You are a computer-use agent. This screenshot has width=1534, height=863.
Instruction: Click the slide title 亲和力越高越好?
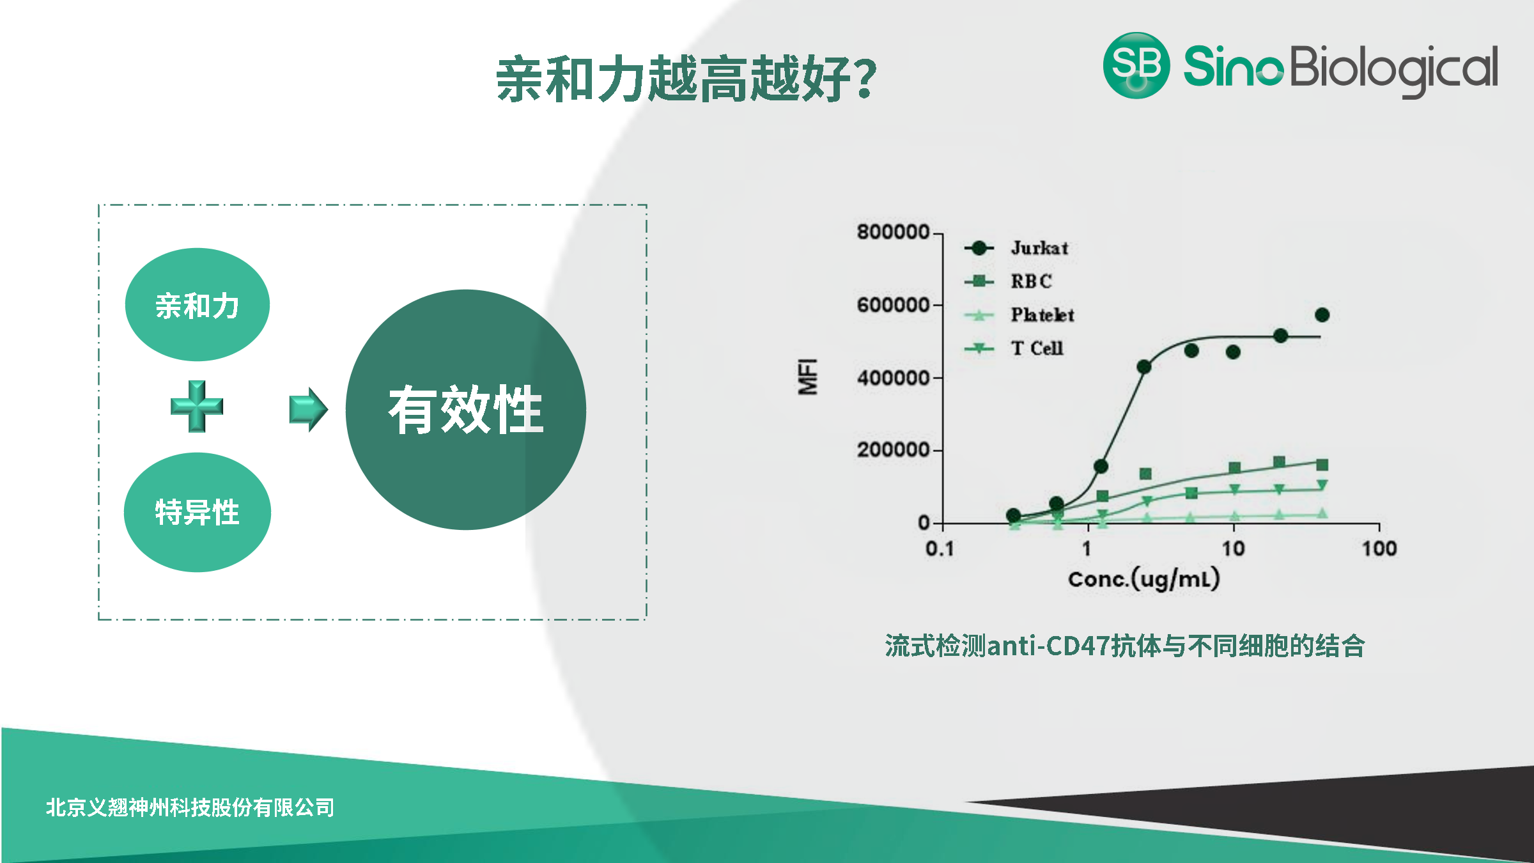pos(686,79)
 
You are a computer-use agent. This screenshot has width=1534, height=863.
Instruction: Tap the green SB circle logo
pos(1136,65)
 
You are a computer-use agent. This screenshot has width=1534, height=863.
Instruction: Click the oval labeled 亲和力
pos(198,304)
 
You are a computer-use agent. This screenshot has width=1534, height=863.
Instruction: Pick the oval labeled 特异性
pos(198,512)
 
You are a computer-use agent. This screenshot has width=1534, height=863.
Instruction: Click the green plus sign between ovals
pos(197,407)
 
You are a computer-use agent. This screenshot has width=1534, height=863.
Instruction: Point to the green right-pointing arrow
pos(309,409)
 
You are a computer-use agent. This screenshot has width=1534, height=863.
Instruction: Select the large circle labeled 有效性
pos(466,410)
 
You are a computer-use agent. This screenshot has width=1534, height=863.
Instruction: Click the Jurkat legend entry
pos(1016,248)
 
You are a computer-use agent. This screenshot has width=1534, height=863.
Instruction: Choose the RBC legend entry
pos(1008,281)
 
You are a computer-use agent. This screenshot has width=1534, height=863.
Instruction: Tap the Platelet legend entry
pos(1019,315)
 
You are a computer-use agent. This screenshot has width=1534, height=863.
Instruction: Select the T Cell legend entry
pos(1014,348)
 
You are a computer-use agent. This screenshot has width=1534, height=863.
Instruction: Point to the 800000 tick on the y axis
pos(893,231)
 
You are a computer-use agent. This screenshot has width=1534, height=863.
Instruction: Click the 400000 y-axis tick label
pos(893,378)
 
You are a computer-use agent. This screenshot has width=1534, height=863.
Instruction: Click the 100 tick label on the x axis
pos(1379,548)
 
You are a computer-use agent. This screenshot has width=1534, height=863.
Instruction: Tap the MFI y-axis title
pos(808,377)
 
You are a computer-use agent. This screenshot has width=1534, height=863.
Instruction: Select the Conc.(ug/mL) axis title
pos(1144,579)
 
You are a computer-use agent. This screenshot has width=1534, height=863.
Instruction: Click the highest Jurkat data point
pos(1322,315)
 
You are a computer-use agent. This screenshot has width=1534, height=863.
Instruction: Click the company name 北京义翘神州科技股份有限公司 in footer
pos(190,807)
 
